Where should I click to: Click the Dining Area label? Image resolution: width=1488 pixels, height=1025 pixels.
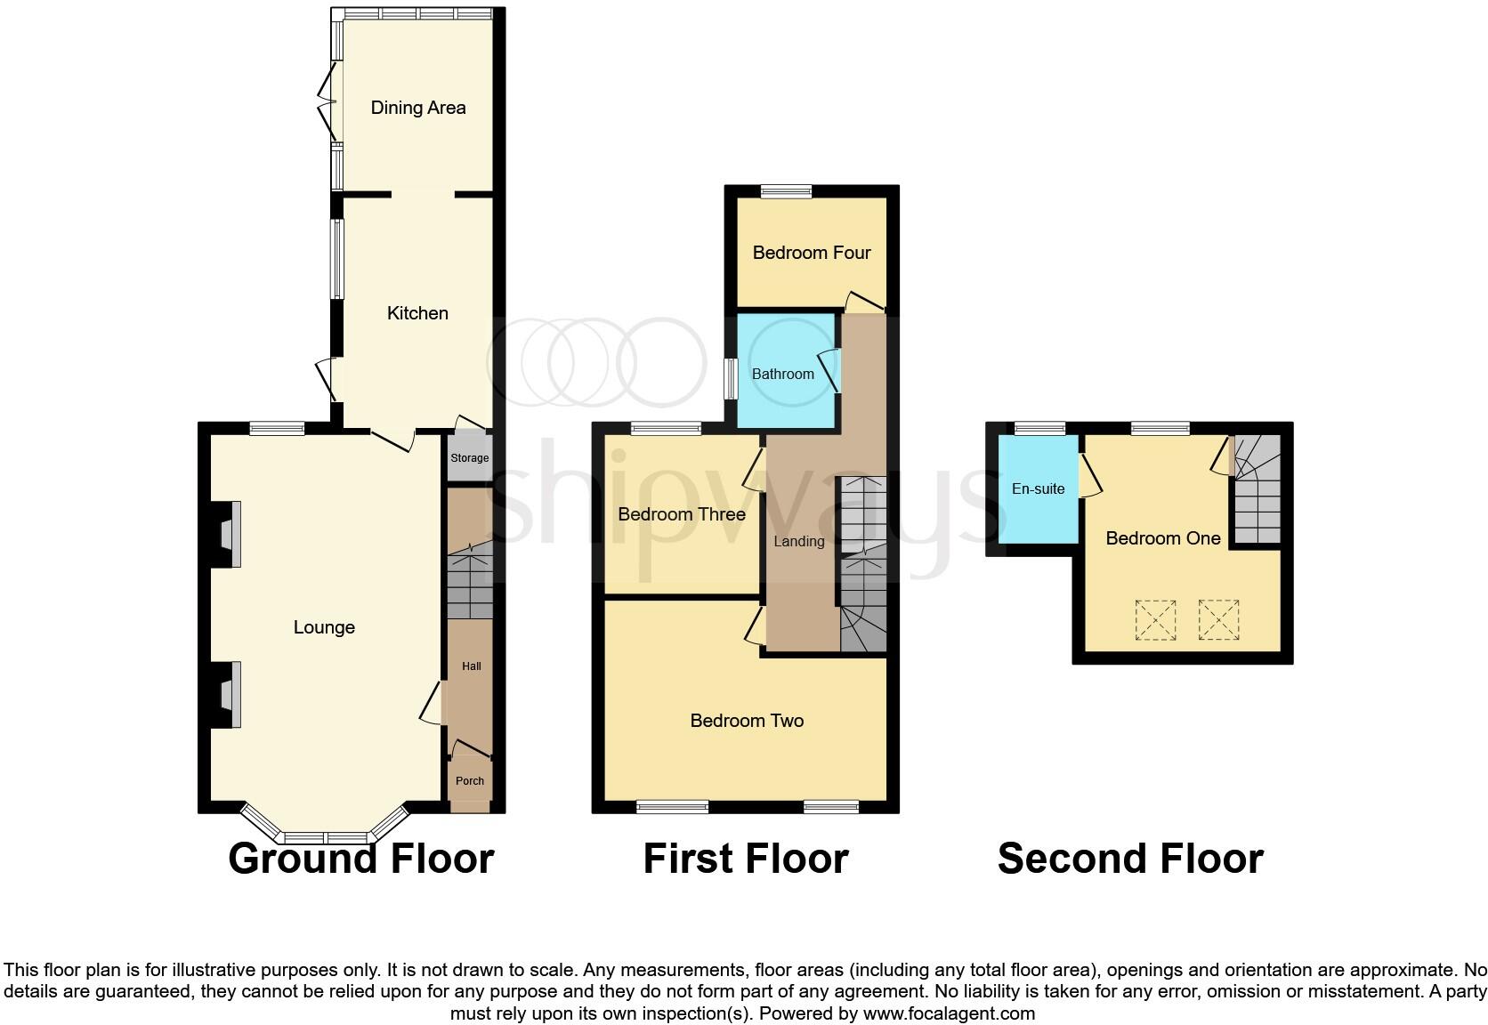click(x=417, y=108)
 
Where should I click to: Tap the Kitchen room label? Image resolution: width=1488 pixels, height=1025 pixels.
click(x=417, y=313)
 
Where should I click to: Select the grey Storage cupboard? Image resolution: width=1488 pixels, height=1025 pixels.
click(x=469, y=458)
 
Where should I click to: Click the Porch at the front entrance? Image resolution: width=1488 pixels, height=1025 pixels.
click(x=470, y=781)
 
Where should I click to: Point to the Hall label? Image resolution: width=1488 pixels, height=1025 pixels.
click(x=471, y=666)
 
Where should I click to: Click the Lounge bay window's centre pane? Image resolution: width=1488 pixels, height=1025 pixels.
click(x=326, y=837)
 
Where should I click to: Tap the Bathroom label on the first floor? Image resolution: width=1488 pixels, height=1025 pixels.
click(x=782, y=374)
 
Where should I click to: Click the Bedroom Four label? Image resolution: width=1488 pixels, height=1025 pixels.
click(x=811, y=253)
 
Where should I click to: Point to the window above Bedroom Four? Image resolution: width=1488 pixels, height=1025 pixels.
click(x=787, y=190)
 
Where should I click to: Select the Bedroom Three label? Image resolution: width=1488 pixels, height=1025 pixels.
click(x=682, y=514)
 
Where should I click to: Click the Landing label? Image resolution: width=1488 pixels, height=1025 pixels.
click(x=798, y=541)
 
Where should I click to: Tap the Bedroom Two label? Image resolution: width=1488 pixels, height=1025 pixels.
click(x=747, y=721)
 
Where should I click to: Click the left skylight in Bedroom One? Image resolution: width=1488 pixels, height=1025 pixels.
click(x=1155, y=620)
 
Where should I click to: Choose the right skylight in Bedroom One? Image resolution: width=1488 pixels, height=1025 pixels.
click(x=1218, y=620)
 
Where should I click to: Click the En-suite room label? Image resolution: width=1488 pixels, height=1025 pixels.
click(x=1038, y=488)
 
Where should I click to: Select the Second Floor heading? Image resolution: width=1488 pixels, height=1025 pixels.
click(x=1130, y=859)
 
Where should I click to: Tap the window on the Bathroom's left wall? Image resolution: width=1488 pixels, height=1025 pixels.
click(x=729, y=379)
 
